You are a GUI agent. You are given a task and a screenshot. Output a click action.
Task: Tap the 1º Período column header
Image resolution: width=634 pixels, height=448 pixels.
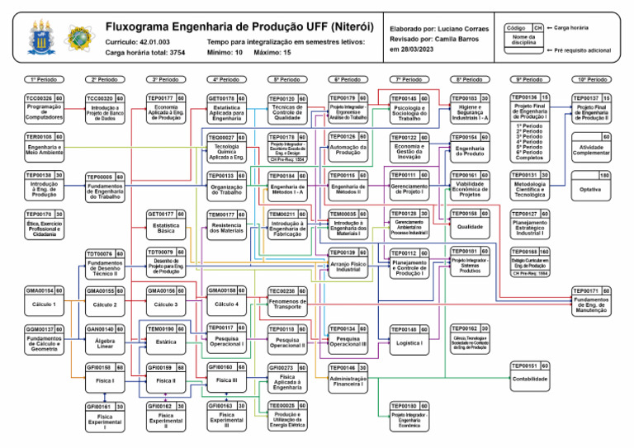44,79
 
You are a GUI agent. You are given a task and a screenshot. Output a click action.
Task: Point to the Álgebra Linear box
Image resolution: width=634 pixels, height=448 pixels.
105,343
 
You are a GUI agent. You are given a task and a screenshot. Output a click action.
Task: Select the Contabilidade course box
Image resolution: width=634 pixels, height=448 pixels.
530,380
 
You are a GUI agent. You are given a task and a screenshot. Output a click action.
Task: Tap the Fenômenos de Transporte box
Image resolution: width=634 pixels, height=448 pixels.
287,304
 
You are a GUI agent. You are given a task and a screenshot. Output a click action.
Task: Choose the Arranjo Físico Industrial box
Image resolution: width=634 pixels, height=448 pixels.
348,266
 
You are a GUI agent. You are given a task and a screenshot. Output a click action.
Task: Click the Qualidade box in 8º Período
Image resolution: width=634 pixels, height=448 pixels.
470,227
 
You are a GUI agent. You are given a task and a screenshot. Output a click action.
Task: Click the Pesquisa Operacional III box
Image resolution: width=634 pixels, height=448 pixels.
348,341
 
